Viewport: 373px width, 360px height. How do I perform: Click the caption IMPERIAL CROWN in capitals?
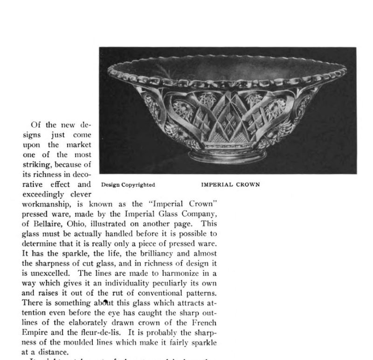point(230,184)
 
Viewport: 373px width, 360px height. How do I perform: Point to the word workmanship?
point(45,204)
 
